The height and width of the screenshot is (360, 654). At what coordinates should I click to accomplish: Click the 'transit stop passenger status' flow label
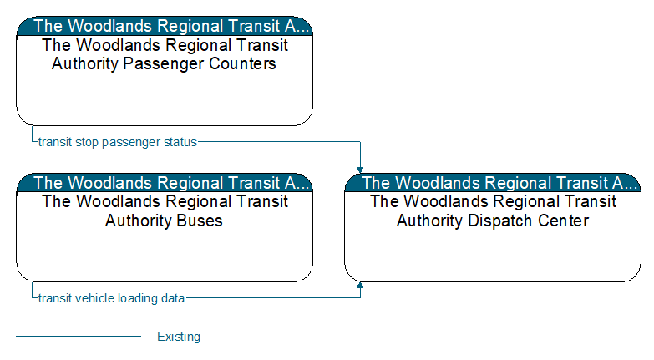(117, 142)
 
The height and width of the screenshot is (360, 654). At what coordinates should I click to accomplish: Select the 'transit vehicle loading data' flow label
(111, 298)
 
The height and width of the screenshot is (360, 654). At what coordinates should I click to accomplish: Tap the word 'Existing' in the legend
(179, 337)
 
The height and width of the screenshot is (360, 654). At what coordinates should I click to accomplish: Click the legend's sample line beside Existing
(79, 336)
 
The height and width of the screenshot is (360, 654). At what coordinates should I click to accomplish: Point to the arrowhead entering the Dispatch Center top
(360, 170)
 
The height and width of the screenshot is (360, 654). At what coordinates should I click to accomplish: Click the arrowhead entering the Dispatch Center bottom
(360, 286)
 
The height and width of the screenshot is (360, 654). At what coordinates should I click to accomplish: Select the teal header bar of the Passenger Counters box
(165, 26)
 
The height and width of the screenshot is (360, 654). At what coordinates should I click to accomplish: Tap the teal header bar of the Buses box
(165, 183)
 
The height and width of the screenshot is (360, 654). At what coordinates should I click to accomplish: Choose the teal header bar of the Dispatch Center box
(493, 183)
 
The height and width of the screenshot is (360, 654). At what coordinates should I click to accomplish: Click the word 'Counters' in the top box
(242, 63)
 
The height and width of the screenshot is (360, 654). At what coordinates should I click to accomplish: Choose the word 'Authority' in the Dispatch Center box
(430, 221)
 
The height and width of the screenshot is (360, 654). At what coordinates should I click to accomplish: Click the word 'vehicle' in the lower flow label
(94, 298)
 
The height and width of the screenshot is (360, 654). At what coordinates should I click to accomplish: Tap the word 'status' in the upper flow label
(180, 142)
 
